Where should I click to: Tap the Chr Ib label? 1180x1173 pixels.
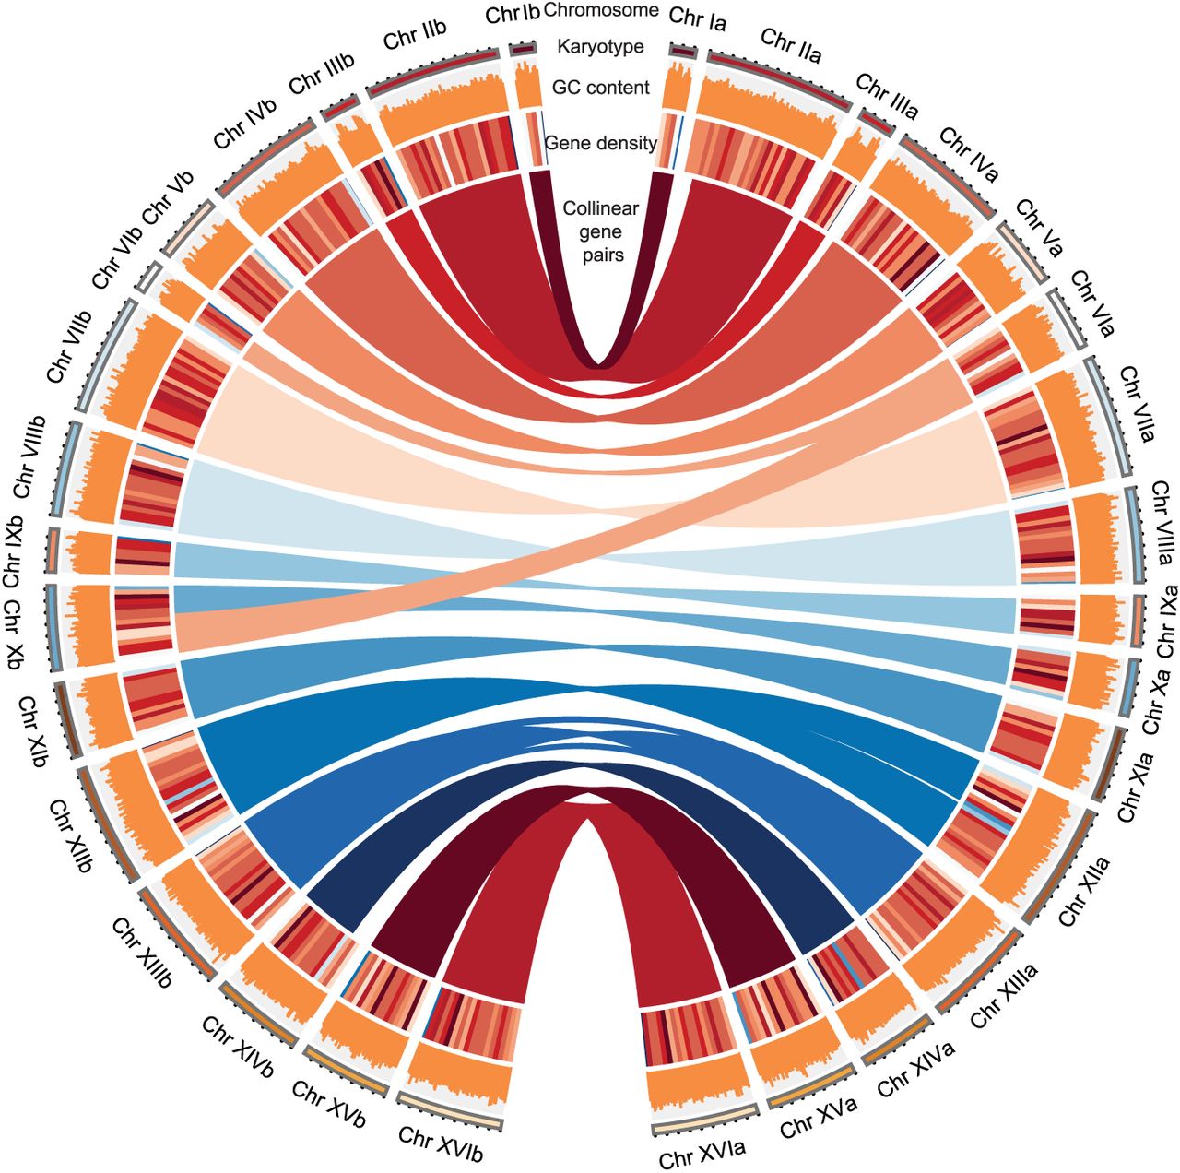(x=512, y=15)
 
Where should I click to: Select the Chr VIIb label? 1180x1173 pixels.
(x=69, y=347)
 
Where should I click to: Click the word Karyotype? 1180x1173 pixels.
(x=600, y=47)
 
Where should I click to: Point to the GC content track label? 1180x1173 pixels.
(x=600, y=88)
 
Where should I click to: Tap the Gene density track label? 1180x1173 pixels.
(x=600, y=144)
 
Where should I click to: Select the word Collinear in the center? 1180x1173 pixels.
(x=592, y=208)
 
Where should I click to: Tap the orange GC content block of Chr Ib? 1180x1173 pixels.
(x=526, y=84)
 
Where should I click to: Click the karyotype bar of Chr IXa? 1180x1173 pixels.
(x=1138, y=621)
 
